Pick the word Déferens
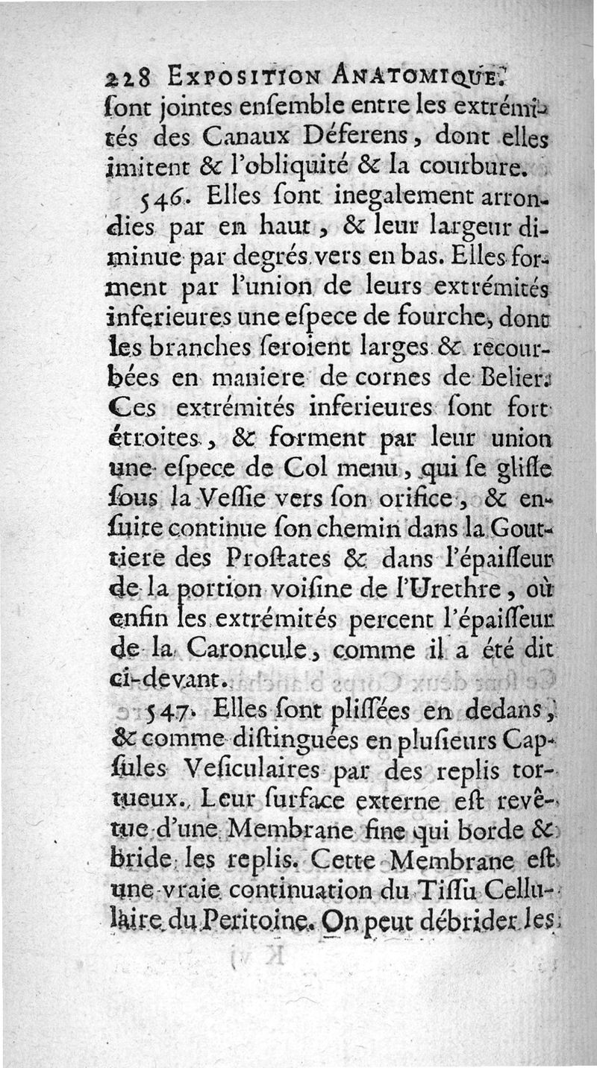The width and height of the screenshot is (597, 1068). point(348,136)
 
